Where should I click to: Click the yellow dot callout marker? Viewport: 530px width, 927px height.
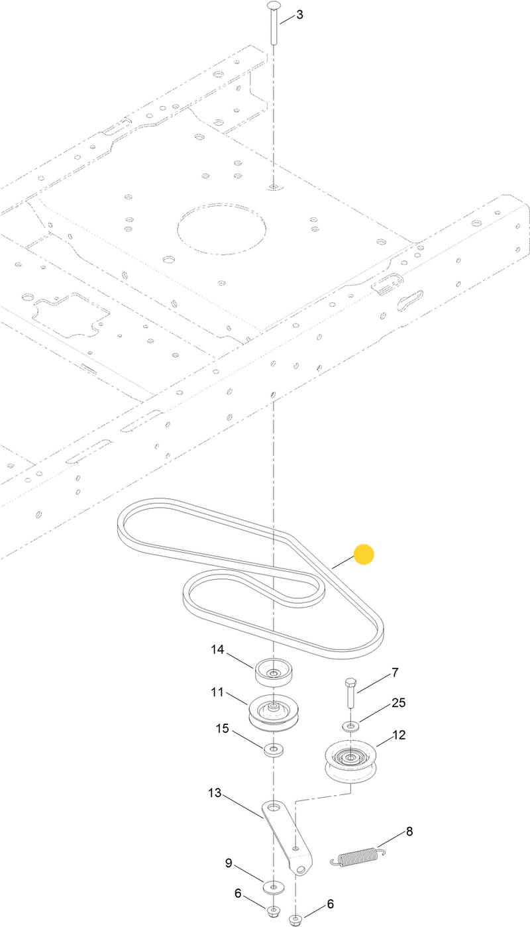(x=364, y=555)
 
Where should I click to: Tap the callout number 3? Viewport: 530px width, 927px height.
(x=299, y=15)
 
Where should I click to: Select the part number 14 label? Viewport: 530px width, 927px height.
(x=217, y=650)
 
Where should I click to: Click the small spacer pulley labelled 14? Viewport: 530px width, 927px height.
(x=273, y=672)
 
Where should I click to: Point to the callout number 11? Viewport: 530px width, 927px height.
(x=217, y=692)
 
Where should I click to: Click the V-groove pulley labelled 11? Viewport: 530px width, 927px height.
(x=274, y=712)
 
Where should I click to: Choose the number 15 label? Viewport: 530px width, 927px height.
(x=223, y=729)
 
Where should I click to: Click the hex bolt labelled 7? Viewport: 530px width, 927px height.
(x=350, y=692)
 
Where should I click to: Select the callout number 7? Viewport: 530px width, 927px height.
(x=395, y=673)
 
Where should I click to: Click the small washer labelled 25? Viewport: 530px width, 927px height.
(x=351, y=726)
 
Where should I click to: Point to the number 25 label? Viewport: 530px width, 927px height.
(x=399, y=702)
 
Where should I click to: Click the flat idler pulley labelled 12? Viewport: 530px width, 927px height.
(x=351, y=761)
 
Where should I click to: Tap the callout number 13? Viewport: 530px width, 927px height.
(x=215, y=792)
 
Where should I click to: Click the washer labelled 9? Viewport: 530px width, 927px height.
(x=273, y=885)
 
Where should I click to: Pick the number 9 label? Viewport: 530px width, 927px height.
(x=229, y=863)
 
